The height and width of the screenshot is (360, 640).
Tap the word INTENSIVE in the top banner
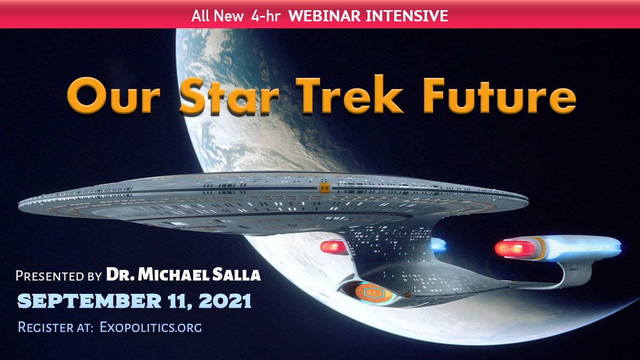tap(407, 16)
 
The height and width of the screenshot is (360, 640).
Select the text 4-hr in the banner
tap(266, 16)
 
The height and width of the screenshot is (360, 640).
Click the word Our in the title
tap(113, 96)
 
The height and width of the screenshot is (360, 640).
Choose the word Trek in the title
tap(349, 94)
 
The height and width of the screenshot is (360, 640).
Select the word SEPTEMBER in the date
tap(90, 301)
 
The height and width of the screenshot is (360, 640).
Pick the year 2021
tap(225, 301)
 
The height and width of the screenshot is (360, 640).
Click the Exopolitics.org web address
tap(151, 327)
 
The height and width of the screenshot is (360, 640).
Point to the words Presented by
tap(59, 276)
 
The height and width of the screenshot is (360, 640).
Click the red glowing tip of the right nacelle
tap(514, 249)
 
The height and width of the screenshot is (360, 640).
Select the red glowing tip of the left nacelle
tap(333, 247)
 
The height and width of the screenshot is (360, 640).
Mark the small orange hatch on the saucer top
tap(324, 188)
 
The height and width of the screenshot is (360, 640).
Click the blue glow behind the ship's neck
tap(438, 245)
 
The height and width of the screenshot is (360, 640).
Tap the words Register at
tap(55, 327)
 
